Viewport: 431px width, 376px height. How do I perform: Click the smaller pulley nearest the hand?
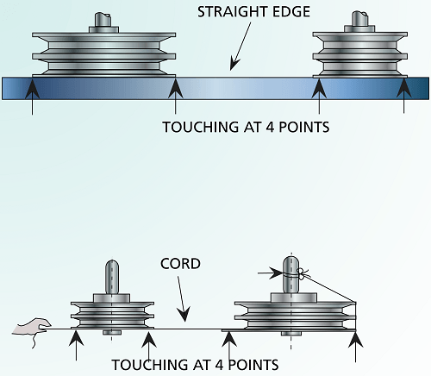pos(112,310)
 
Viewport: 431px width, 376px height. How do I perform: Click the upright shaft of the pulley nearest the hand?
pos(112,279)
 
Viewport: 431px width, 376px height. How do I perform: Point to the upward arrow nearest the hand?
pos(77,346)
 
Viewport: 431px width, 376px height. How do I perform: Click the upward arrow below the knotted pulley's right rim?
pos(354,346)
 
